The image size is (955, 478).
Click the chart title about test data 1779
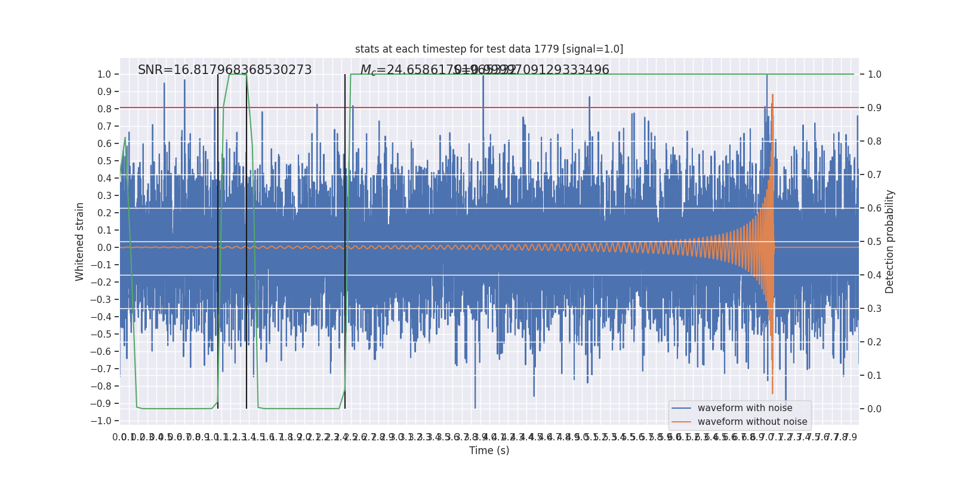pyautogui.click(x=489, y=49)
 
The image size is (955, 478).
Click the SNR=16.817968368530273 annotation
pyautogui.click(x=224, y=70)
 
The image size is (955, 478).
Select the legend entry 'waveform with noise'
pyautogui.click(x=744, y=408)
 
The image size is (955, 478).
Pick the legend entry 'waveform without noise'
pyautogui.click(x=752, y=422)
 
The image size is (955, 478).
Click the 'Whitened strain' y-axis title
pyautogui.click(x=80, y=241)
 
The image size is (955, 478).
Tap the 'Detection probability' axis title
pyautogui.click(x=890, y=241)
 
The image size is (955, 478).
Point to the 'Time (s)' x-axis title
pyautogui.click(x=489, y=451)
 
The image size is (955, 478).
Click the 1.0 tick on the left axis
pyautogui.click(x=104, y=75)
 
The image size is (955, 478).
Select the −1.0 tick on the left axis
pyautogui.click(x=102, y=421)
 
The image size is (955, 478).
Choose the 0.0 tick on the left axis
pyautogui.click(x=104, y=248)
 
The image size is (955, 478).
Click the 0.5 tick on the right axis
pyautogui.click(x=874, y=242)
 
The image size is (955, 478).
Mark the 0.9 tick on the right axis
pyautogui.click(x=874, y=108)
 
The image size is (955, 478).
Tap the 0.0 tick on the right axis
pyautogui.click(x=874, y=409)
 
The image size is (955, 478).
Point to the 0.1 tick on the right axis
pyautogui.click(x=874, y=376)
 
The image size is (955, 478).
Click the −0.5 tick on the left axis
pyautogui.click(x=102, y=335)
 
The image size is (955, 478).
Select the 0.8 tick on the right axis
pyautogui.click(x=874, y=142)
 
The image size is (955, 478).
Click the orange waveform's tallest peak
pyautogui.click(x=772, y=95)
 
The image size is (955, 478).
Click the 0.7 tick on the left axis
pyautogui.click(x=104, y=127)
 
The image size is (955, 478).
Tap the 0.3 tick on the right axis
pyautogui.click(x=874, y=309)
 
